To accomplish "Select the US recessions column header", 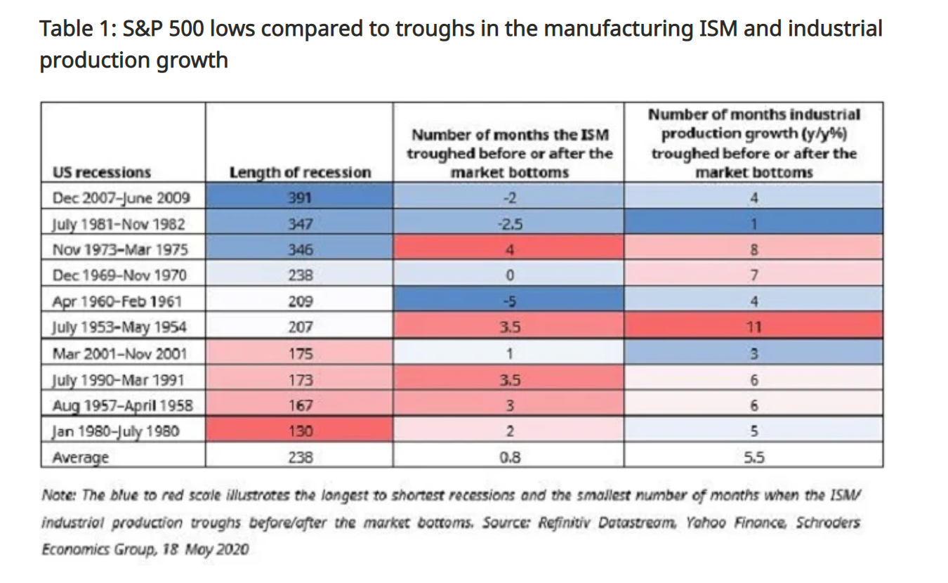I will pos(102,173).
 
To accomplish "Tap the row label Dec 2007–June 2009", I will pos(121,198).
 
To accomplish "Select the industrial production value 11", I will pos(753,327).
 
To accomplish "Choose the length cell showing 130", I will pos(300,431).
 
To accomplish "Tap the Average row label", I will pos(81,457).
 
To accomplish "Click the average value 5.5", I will pos(753,457).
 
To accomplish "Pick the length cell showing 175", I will pos(300,353).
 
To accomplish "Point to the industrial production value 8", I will pos(753,249).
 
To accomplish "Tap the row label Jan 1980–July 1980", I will pos(116,431).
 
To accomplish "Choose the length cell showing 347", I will pos(300,224).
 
